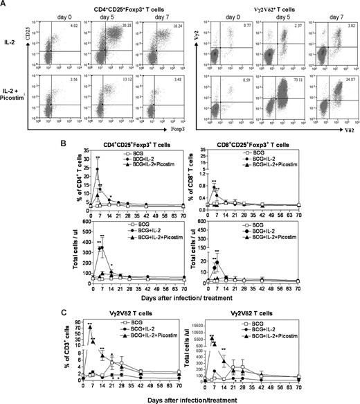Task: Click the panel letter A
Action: pos(6,5)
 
